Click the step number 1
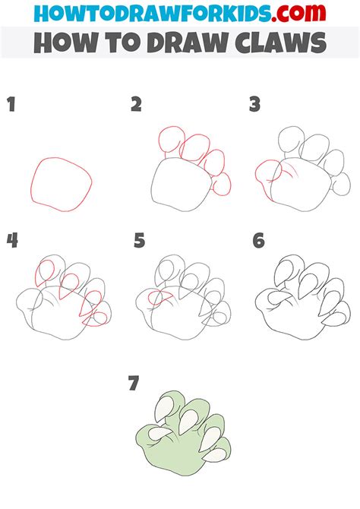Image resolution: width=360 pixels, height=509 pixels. coord(11,105)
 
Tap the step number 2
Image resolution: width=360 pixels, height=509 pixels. coord(136,105)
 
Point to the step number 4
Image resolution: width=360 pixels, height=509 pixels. coord(12,242)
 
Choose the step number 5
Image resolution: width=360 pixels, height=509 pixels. coord(138,242)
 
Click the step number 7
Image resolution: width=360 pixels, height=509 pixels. coord(134,384)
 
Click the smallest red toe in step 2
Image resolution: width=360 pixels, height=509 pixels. coord(223,184)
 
